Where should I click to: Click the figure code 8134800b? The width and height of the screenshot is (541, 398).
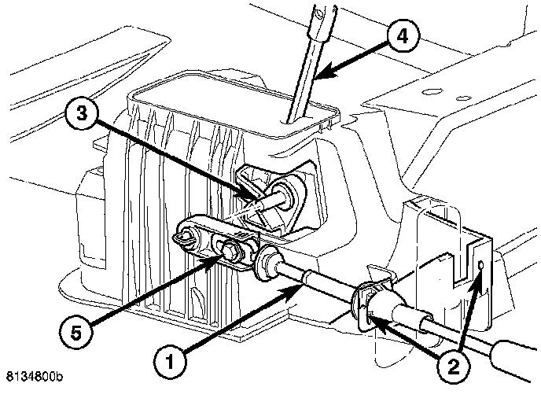click(x=34, y=377)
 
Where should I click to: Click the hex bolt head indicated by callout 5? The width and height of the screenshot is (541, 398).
click(x=229, y=250)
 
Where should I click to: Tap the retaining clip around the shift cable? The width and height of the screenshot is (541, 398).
click(x=365, y=303)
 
